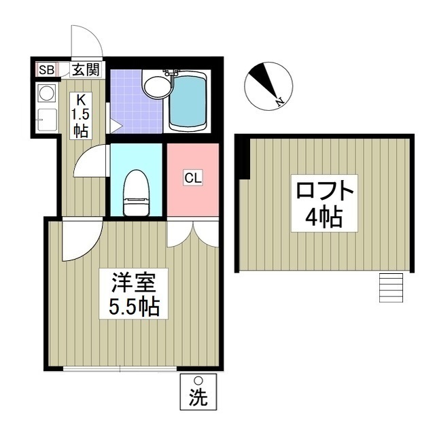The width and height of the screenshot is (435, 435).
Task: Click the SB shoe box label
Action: (x=46, y=69)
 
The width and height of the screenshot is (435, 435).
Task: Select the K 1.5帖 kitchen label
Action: (x=81, y=115)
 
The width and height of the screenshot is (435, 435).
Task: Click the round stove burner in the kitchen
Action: (x=47, y=92)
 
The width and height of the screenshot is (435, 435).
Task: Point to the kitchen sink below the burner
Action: (x=47, y=120)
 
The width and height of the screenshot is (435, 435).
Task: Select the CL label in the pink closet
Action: (x=193, y=178)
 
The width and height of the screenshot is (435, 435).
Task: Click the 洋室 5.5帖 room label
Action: (x=134, y=293)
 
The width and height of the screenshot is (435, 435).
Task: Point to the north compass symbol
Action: (x=267, y=86)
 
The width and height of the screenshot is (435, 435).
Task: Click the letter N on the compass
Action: (x=279, y=102)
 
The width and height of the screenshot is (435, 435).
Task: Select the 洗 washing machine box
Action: (x=198, y=391)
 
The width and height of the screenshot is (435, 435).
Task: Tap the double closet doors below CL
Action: (x=193, y=233)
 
